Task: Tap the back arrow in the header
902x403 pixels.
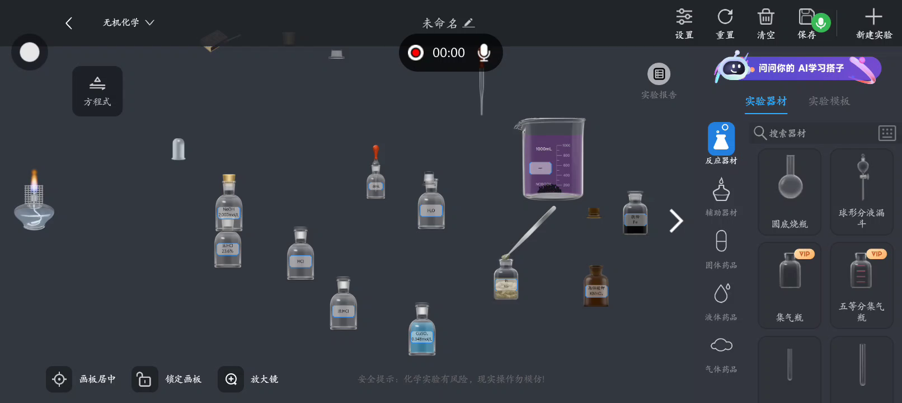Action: click(69, 23)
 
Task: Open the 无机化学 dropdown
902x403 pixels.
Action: click(128, 23)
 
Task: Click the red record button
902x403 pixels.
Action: click(416, 53)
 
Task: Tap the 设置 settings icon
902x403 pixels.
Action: click(684, 17)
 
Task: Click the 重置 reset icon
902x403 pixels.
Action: click(725, 17)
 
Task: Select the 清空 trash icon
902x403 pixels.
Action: click(765, 17)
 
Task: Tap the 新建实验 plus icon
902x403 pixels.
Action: click(873, 17)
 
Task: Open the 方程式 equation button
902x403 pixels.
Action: click(97, 91)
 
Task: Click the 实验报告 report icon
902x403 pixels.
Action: click(659, 74)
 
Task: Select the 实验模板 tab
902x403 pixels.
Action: click(829, 101)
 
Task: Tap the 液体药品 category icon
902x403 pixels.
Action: click(721, 294)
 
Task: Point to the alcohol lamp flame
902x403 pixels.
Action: click(34, 180)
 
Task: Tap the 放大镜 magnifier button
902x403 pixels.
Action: click(231, 379)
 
